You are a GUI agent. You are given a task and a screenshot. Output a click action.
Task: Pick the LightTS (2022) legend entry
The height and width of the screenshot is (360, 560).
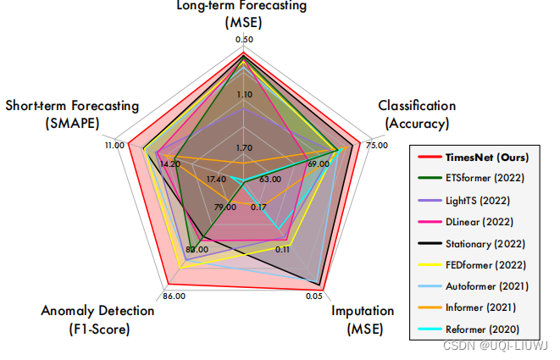(x=480, y=201)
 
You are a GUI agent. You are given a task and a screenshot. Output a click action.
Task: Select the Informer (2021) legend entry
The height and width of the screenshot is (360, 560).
(x=480, y=307)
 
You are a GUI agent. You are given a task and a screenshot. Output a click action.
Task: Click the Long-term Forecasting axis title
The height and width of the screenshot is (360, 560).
(x=241, y=14)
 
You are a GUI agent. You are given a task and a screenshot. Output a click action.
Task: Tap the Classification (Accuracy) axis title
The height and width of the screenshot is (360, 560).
(x=417, y=114)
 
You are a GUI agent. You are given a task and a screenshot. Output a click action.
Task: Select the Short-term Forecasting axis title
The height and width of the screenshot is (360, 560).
(x=72, y=114)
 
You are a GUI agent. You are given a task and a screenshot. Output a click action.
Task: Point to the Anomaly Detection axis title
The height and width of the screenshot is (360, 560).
(x=97, y=319)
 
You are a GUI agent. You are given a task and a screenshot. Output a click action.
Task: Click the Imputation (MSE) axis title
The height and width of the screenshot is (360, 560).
(x=362, y=319)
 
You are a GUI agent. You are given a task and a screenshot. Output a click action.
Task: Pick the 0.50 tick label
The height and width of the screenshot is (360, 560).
(x=244, y=40)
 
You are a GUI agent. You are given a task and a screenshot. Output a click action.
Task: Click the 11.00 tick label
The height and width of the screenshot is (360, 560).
(x=114, y=145)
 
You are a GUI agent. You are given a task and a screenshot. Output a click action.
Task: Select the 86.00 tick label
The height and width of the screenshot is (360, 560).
(x=173, y=296)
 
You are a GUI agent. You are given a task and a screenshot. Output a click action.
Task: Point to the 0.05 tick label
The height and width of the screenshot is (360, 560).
(x=313, y=296)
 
